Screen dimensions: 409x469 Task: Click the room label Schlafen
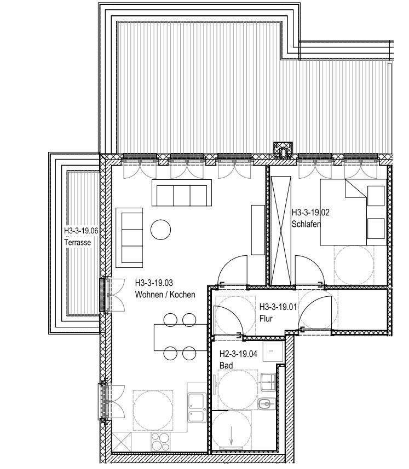(306, 224)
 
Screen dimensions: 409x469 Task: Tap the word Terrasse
(78, 242)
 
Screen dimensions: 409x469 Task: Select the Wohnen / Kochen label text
(165, 295)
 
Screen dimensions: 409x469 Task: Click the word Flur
(266, 319)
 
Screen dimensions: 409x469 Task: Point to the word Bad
(226, 366)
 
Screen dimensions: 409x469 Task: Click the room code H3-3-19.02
(310, 213)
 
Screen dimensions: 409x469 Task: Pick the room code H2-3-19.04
(238, 354)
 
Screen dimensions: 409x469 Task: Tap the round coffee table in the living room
(160, 230)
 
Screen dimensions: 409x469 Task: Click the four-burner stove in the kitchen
(160, 442)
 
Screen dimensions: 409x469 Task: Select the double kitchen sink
(197, 408)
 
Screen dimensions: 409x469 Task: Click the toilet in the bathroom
(267, 404)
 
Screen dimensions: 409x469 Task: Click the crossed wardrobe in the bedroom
(281, 231)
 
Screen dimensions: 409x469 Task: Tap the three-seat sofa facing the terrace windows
(182, 193)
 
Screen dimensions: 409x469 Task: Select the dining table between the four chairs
(180, 337)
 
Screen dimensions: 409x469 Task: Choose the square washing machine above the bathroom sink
(273, 351)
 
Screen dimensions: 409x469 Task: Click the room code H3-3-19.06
(81, 231)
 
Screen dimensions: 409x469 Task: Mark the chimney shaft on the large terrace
(283, 150)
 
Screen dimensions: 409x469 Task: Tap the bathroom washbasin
(268, 382)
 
